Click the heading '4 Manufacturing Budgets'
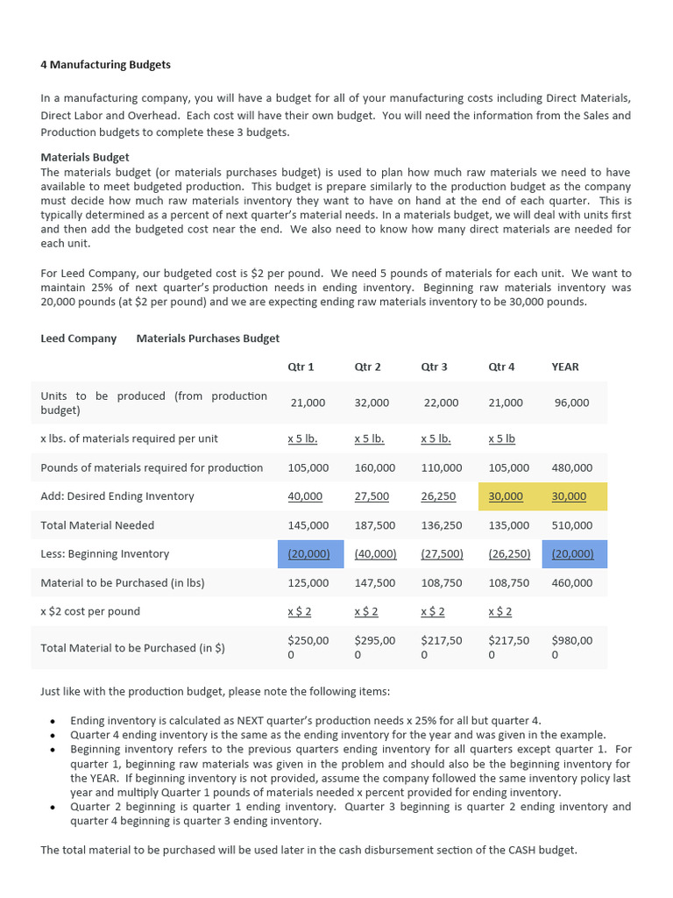coord(105,65)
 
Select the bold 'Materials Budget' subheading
coord(85,158)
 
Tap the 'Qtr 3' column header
coord(435,367)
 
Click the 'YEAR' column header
coord(565,367)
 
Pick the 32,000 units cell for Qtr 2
coord(372,403)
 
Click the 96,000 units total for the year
coord(572,403)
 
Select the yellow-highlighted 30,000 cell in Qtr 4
coord(506,496)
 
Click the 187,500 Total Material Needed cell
coord(374,525)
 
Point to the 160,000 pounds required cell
coord(374,467)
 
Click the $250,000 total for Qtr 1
coord(308,647)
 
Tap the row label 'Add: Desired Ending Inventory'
coord(117,496)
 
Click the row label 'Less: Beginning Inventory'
coord(105,554)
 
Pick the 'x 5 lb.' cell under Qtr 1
coord(302,438)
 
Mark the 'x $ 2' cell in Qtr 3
coord(433,611)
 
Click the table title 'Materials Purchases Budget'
coord(208,339)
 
